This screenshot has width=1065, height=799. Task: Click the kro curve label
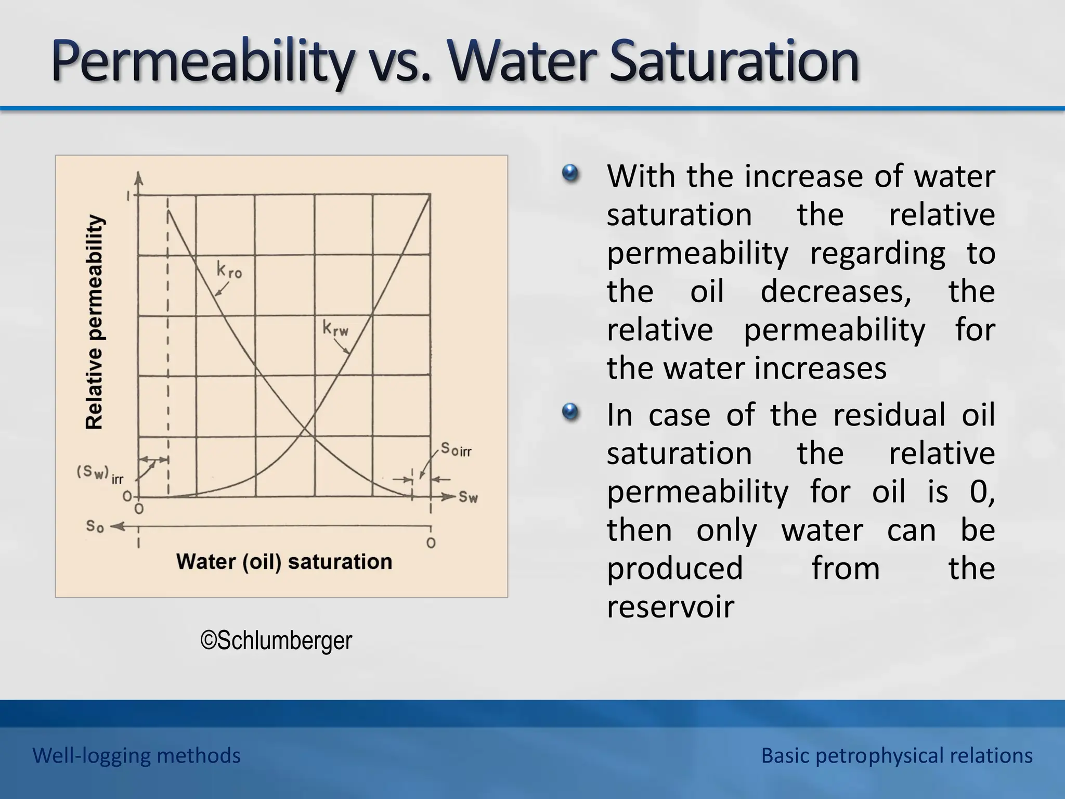229,270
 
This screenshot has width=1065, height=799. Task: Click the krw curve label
335,329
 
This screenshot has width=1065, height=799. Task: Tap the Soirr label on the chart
456,449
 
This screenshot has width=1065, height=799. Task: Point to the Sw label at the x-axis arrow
467,497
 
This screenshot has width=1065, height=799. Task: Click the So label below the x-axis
95,526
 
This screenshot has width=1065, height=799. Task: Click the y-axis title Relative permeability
94,322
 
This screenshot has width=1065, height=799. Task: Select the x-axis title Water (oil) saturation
284,562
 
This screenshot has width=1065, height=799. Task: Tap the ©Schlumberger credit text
276,640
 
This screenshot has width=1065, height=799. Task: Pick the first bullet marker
570,173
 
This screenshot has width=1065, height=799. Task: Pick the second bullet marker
570,412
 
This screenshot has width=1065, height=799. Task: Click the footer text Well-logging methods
136,755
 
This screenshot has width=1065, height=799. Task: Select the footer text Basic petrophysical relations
897,755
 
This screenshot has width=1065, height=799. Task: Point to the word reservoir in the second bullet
670,607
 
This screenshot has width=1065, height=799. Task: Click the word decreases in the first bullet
836,291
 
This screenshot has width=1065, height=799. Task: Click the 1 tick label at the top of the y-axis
128,197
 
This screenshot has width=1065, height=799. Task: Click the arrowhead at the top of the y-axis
138,177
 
